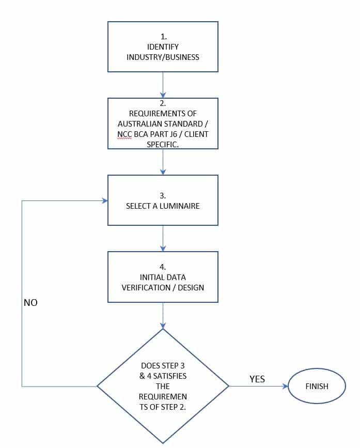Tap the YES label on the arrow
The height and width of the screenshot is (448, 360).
(257, 379)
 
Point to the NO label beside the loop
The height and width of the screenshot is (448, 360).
(30, 303)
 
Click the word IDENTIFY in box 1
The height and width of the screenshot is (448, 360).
(163, 47)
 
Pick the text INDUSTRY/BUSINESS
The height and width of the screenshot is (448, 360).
(163, 57)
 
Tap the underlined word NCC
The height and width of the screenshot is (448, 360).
(124, 134)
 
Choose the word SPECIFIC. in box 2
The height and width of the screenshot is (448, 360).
(163, 145)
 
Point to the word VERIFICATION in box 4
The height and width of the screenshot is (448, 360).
(146, 288)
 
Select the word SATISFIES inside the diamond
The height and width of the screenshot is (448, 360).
(169, 376)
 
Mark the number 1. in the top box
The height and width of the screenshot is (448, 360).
(164, 37)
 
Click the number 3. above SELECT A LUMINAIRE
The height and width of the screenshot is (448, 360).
(163, 196)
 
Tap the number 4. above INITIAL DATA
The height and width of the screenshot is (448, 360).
(163, 267)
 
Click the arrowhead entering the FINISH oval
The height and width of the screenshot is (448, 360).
(285, 387)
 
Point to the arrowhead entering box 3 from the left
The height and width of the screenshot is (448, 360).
(105, 200)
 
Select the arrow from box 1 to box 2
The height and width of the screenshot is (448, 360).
(163, 85)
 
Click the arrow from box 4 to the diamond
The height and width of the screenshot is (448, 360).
(163, 315)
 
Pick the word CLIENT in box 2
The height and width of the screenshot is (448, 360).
(196, 134)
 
